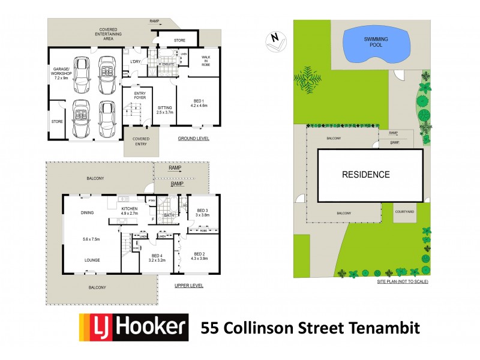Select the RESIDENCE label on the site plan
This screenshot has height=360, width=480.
[365, 175]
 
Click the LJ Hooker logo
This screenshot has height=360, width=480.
[133, 328]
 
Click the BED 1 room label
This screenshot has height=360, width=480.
[199, 103]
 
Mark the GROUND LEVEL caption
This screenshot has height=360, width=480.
[193, 139]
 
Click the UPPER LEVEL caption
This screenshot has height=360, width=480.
[188, 286]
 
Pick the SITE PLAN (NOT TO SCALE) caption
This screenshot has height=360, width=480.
[402, 281]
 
